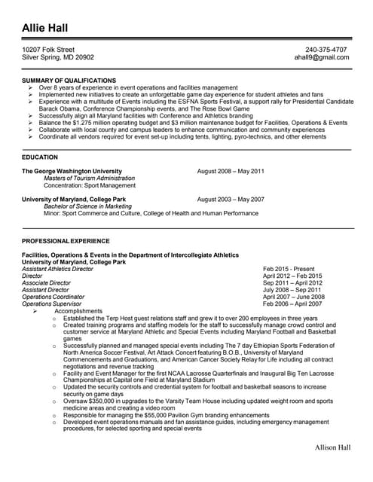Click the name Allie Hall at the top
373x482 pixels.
coord(44,29)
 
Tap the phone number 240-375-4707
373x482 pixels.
coord(326,50)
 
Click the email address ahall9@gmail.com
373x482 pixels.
coord(323,57)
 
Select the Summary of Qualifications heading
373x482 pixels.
coord(69,80)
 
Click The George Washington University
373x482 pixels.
coord(72,171)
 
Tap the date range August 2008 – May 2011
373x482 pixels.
coord(231,171)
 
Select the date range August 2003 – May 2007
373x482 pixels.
coord(231,200)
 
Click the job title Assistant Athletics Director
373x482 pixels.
coord(58,269)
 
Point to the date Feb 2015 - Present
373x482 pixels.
coord(289,269)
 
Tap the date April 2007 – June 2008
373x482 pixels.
coord(294,297)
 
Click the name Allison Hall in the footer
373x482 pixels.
coord(332,468)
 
